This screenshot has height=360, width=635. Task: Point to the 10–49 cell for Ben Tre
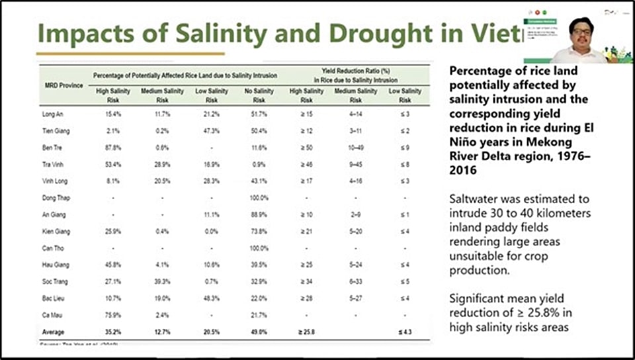click(x=355, y=147)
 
